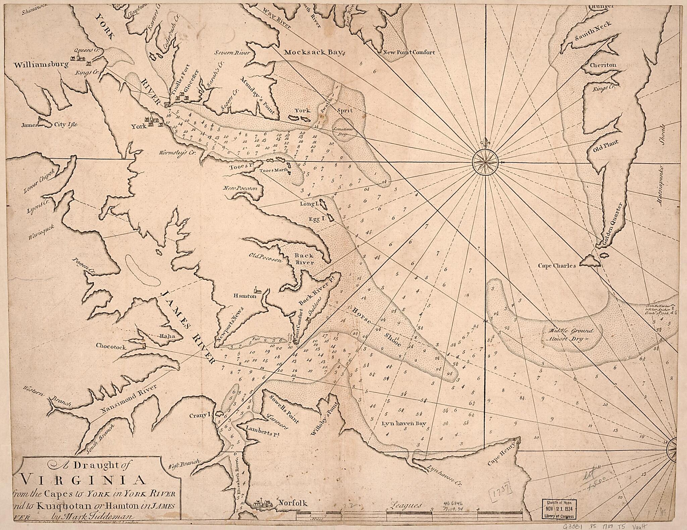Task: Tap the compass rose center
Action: click(485, 162)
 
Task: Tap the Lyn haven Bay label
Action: click(404, 423)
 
